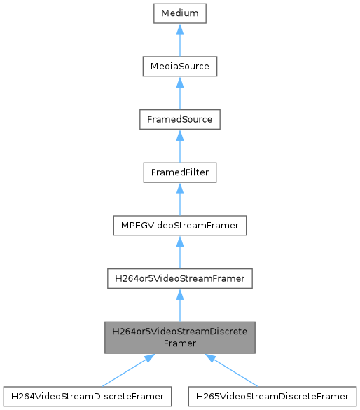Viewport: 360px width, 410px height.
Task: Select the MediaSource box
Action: [180, 67]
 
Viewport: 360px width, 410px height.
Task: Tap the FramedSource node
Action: [180, 120]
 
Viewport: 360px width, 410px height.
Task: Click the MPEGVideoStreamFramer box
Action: [180, 226]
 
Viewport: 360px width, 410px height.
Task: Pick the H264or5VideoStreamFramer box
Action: [180, 279]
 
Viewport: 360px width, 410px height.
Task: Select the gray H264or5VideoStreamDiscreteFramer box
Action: [180, 337]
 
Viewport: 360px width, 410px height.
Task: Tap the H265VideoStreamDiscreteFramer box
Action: [273, 396]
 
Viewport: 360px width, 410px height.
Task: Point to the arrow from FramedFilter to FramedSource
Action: [180, 148]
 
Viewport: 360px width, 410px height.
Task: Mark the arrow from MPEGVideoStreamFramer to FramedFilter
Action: [180, 201]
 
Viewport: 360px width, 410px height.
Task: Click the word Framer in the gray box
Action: [180, 343]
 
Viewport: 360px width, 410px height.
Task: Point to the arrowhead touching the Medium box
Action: [180, 30]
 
